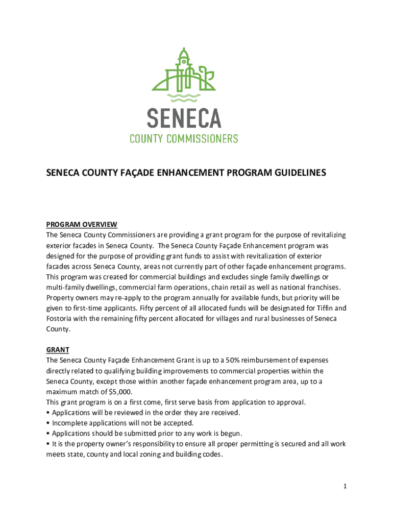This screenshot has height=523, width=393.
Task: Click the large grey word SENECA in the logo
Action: [184, 118]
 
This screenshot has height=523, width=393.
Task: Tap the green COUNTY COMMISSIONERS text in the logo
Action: [184, 138]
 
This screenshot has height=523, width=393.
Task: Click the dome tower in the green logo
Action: [183, 60]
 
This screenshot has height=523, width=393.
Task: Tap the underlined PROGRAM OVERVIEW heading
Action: [82, 225]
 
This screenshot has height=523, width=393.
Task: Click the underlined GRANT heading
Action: [58, 350]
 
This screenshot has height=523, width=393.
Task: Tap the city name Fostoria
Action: [61, 319]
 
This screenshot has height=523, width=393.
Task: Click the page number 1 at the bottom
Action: [345, 486]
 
